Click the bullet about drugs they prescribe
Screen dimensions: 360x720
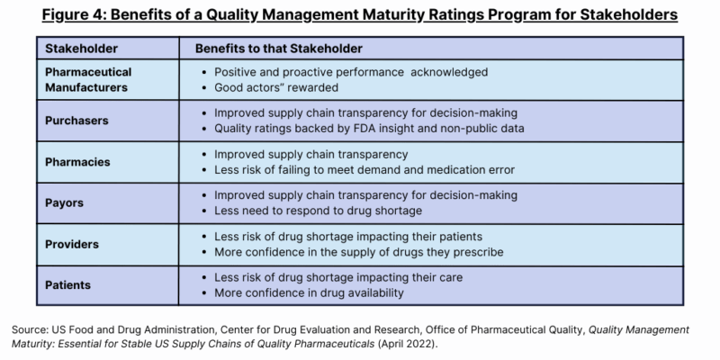358,252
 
